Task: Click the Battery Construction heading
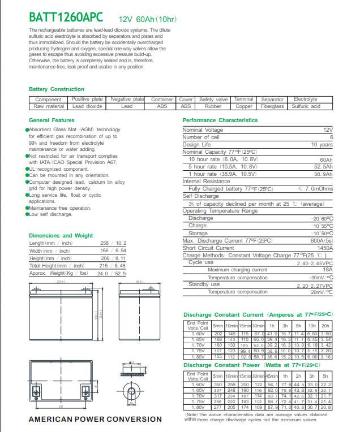(x=56, y=89)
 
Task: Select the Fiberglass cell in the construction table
(x=272, y=106)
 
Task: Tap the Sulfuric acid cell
(x=306, y=106)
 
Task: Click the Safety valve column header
(x=213, y=100)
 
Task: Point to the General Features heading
(x=52, y=120)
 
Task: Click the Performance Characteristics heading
(x=220, y=120)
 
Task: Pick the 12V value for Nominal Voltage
(x=328, y=130)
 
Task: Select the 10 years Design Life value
(x=322, y=145)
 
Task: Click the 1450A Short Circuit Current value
(x=324, y=248)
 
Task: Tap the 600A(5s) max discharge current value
(x=321, y=241)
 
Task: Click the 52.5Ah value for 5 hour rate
(x=323, y=167)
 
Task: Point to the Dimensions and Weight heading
(x=61, y=235)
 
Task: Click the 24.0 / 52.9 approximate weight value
(x=112, y=273)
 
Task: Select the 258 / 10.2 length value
(x=113, y=243)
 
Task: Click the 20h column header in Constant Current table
(x=325, y=326)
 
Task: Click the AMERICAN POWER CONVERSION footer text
(x=95, y=419)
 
